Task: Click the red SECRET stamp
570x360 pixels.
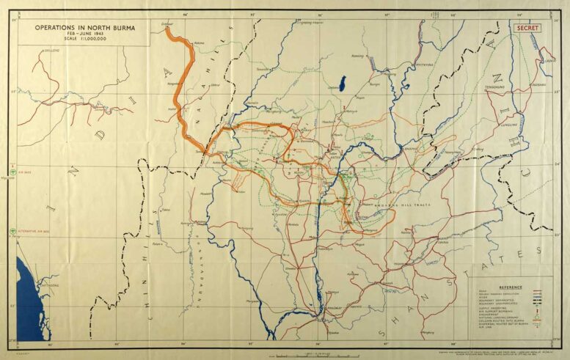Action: tap(527, 28)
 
